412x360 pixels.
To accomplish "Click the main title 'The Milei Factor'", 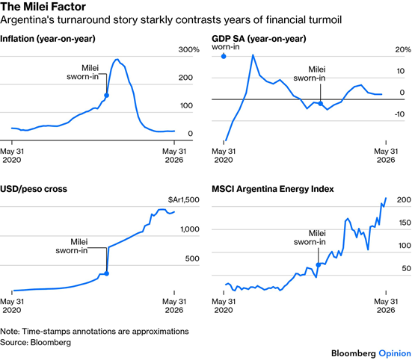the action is (43, 7).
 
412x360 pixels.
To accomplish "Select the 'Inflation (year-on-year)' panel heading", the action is (48, 39).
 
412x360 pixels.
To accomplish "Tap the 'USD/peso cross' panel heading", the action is (34, 189).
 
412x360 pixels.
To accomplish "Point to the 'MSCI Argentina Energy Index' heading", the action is (273, 189).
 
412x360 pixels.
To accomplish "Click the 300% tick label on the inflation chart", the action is (189, 49).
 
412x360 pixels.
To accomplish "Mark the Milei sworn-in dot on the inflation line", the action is (106, 96).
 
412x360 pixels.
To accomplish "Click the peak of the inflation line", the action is (117, 60).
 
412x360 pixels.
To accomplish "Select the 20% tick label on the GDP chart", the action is (403, 49).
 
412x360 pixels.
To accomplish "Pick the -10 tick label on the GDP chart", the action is (399, 114).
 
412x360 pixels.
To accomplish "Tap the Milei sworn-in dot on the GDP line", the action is (320, 103).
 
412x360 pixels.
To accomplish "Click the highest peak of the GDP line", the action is (253, 55).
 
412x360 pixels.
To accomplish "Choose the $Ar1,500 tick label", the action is (184, 199).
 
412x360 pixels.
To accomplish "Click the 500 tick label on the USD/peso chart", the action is (192, 258).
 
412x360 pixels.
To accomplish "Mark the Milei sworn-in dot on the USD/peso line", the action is (106, 273).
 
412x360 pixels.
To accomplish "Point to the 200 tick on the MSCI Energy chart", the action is (404, 199).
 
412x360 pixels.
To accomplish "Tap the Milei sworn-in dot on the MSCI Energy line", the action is (319, 265).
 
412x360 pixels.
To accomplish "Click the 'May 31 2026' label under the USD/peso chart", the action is (174, 305).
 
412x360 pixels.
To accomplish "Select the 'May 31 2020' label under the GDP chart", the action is (224, 155).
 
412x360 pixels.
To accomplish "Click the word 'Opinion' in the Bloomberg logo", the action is (395, 353).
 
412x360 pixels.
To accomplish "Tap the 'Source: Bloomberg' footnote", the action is (35, 342).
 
